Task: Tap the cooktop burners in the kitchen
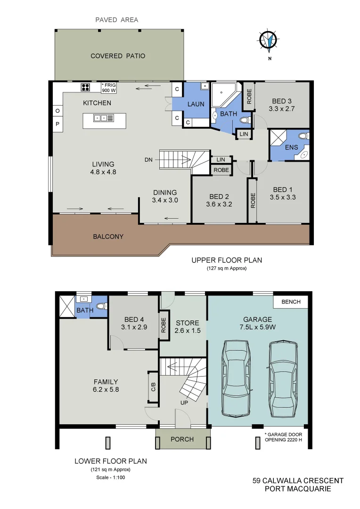pos(86,87)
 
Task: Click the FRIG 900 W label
pos(108,88)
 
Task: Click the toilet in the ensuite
pos(302,136)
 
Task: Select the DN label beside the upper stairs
pos(148,160)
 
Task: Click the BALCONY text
pos(108,237)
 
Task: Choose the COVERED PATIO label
pos(118,56)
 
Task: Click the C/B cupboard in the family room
pos(153,387)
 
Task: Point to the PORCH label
pos(182,439)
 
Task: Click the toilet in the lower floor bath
pos(99,306)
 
